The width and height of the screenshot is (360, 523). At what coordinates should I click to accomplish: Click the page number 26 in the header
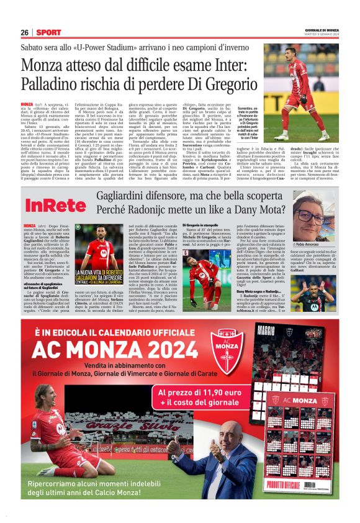pos(24,32)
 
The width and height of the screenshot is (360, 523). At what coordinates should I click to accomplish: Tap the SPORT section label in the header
pos(48,32)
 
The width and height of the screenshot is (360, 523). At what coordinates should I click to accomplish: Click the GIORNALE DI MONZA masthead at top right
pos(322,30)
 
